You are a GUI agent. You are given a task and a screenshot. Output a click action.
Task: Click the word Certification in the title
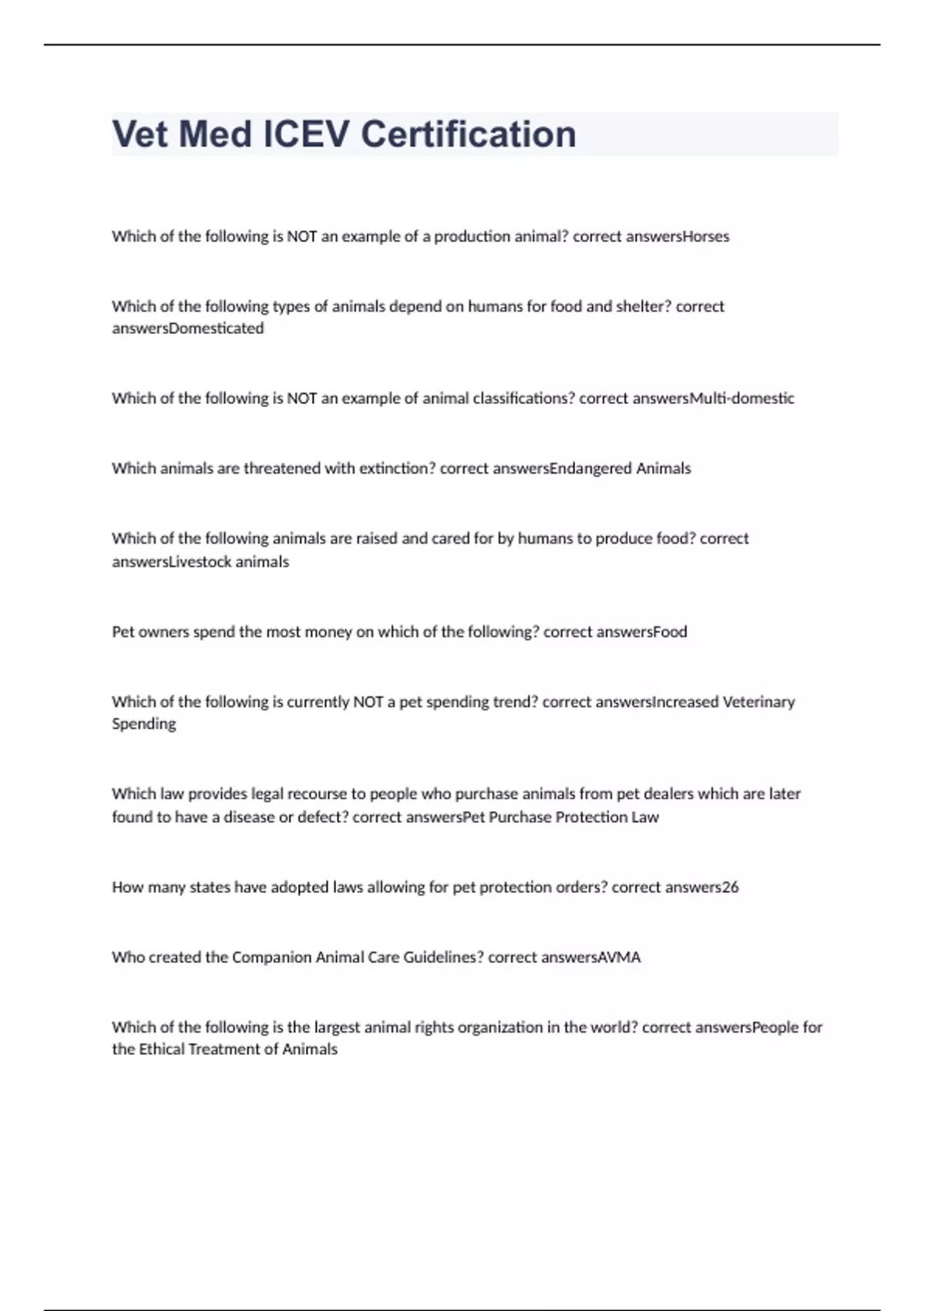468,134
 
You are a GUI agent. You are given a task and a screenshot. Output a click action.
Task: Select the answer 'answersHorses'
678,237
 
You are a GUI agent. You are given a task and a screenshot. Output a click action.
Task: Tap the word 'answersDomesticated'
188,329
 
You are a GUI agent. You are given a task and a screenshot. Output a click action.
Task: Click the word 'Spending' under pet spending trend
144,724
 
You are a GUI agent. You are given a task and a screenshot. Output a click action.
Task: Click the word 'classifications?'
523,399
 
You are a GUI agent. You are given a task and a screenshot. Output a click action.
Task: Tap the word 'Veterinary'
758,703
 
